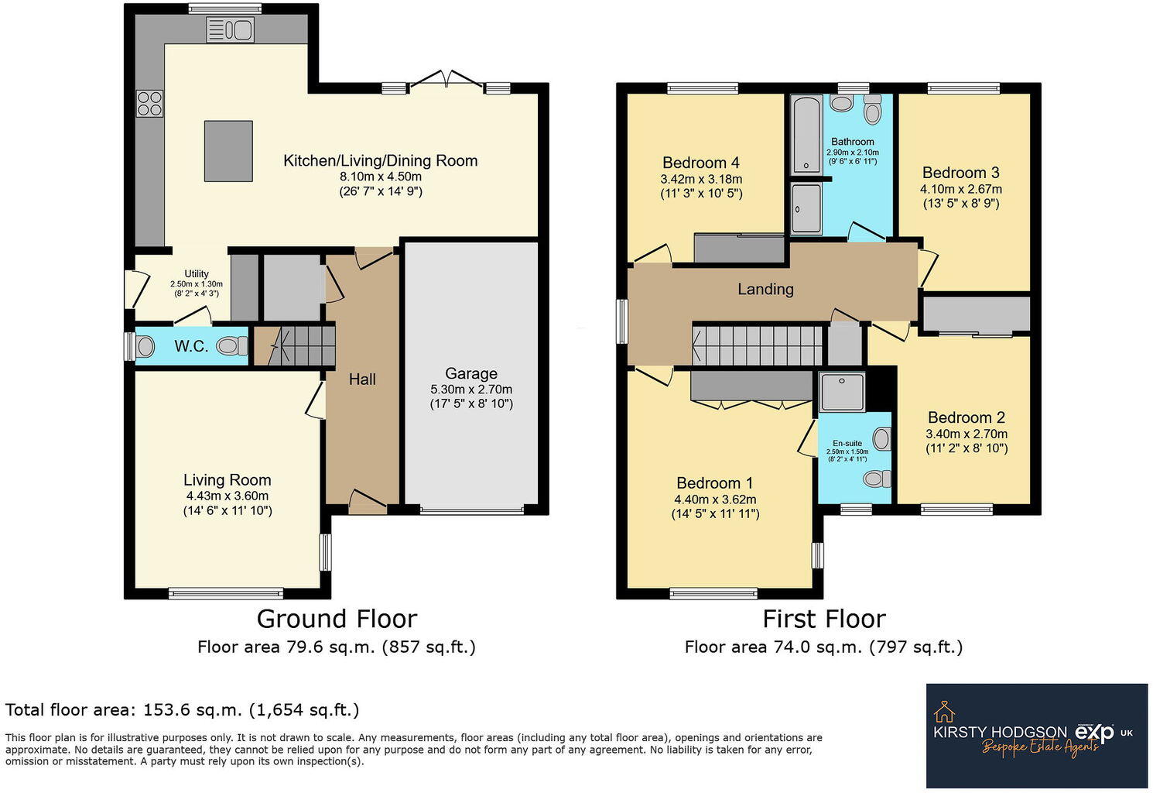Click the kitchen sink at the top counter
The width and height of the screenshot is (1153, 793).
(230, 30)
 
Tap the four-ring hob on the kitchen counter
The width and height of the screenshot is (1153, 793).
(150, 104)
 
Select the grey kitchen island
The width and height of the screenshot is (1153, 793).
(228, 150)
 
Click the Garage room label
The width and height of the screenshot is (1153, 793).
(470, 373)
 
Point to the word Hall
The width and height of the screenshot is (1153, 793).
(362, 379)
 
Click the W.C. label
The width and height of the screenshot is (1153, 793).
(190, 346)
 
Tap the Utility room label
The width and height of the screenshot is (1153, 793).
(197, 273)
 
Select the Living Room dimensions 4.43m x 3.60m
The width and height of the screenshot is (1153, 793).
(227, 496)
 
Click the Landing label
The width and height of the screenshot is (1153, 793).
(765, 289)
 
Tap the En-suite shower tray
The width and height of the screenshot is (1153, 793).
(842, 391)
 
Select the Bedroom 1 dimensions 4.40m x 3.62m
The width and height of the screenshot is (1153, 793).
(715, 499)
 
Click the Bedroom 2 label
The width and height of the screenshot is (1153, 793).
(966, 417)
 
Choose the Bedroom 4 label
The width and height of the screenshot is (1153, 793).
(700, 163)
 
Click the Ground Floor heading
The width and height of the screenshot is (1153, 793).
(337, 619)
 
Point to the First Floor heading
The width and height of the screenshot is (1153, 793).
(823, 619)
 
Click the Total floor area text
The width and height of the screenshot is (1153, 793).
(183, 709)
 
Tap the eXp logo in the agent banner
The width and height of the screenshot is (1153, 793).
(1093, 732)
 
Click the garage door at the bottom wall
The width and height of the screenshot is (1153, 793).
(471, 510)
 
